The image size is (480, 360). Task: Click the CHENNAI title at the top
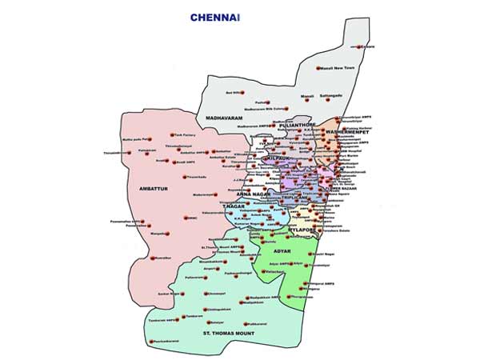[215, 16]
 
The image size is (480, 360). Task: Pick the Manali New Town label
[337, 68]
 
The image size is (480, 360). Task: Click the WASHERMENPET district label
[346, 130]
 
